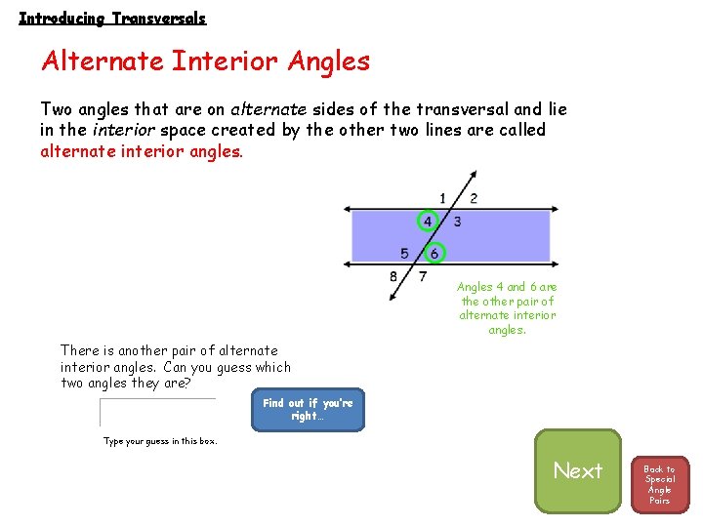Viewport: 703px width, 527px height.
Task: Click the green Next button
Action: (x=577, y=470)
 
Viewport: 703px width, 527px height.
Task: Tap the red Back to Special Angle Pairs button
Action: (x=659, y=484)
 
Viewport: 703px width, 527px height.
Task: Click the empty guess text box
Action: (x=156, y=412)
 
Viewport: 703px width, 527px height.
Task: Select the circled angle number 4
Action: (x=427, y=222)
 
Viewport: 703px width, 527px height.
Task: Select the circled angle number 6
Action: (x=434, y=254)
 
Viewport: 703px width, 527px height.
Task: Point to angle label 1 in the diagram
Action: (x=442, y=198)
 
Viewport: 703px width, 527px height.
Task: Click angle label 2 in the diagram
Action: (x=474, y=198)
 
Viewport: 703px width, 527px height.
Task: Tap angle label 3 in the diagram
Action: (x=457, y=222)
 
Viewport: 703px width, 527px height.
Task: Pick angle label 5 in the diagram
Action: (x=404, y=254)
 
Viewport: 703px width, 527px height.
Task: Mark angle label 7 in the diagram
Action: (x=422, y=276)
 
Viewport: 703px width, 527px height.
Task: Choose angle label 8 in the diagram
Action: (x=393, y=276)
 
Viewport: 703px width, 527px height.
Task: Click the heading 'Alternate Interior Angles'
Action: (x=205, y=61)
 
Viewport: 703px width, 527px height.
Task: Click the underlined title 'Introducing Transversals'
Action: (x=112, y=18)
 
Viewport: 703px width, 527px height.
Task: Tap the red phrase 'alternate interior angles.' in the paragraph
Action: (x=141, y=151)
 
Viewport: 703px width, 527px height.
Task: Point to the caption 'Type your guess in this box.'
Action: (x=160, y=441)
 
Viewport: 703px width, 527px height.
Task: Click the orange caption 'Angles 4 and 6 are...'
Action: (x=507, y=307)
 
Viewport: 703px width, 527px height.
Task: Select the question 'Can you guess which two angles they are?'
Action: (x=176, y=375)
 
